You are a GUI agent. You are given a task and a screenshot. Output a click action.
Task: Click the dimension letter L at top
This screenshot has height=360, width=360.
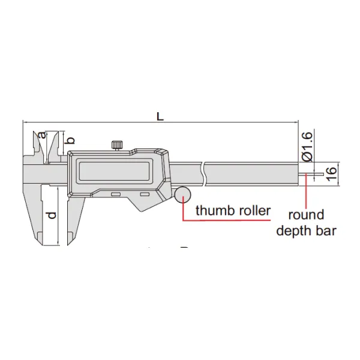pos(160,116)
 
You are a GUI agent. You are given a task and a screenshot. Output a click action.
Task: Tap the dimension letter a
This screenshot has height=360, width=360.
pos(42,135)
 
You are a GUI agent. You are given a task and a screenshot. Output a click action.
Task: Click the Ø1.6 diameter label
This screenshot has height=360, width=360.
pos(307,146)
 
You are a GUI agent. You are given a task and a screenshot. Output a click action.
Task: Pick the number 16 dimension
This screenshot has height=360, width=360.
pos(331,174)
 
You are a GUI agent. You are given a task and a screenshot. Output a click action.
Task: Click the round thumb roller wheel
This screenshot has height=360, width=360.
pos(182,195)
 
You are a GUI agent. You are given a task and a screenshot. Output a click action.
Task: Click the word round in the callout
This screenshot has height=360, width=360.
pos(306,215)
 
